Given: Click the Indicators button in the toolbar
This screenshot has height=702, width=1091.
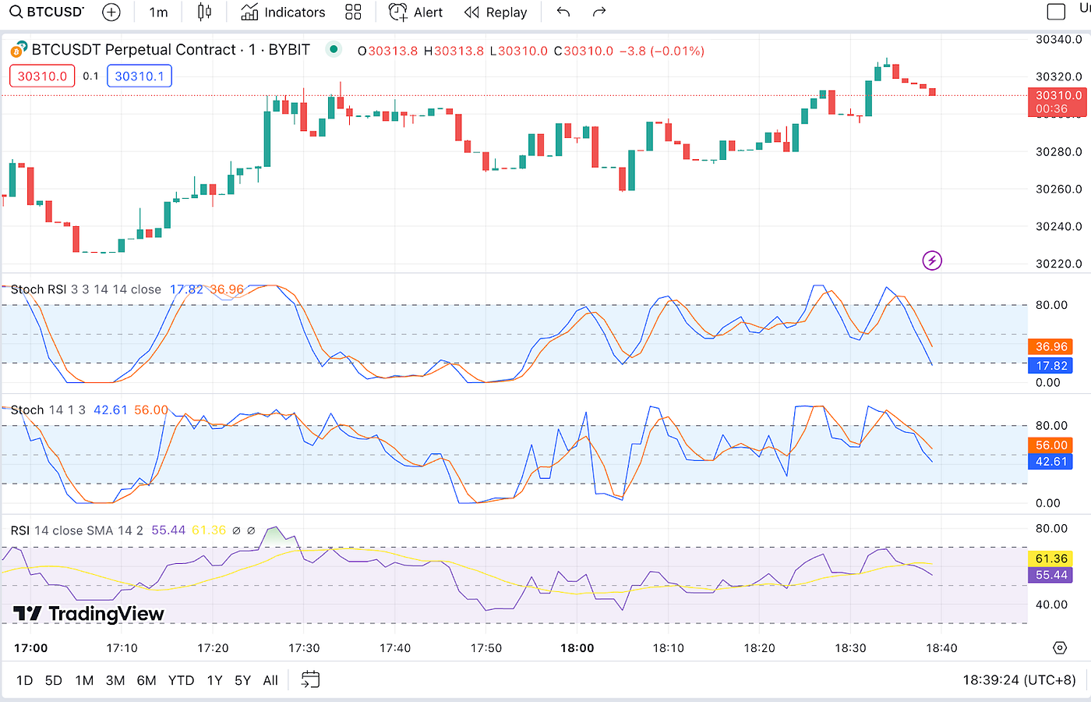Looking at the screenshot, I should pos(284,12).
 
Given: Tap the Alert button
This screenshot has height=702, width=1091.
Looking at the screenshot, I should pos(416,12).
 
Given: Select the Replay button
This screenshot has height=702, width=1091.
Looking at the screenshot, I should pos(496,12).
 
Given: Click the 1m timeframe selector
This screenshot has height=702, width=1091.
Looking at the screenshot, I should pos(158,12).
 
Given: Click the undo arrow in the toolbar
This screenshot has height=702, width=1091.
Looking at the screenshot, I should pos(563,12).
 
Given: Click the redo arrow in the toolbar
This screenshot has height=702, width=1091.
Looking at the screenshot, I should pos(599,12).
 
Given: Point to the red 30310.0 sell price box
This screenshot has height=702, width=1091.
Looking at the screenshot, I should pos(42,76).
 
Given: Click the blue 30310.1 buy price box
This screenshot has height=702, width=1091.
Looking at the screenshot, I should pos(139,76).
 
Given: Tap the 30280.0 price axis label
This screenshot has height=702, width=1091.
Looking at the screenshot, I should pos(1058,151).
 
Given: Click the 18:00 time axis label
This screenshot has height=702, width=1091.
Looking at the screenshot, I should pos(577,648).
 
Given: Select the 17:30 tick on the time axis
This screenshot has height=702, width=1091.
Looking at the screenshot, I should pos(304,648).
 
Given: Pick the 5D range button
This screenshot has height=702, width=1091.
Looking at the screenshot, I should pos(53,680).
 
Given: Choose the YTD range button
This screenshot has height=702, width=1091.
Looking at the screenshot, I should pos(181,680).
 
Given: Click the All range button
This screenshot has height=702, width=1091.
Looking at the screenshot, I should pos(270,680).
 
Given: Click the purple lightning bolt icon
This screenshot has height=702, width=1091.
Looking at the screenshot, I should pos(932,261).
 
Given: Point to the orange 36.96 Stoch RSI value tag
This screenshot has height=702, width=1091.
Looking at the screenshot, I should pos(1051,346).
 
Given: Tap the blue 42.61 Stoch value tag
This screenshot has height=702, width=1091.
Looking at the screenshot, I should pos(1051,462).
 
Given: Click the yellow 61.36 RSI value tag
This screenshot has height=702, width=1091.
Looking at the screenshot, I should pos(1051,558).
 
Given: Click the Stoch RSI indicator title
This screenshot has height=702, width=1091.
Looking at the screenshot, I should pos(38,289).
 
